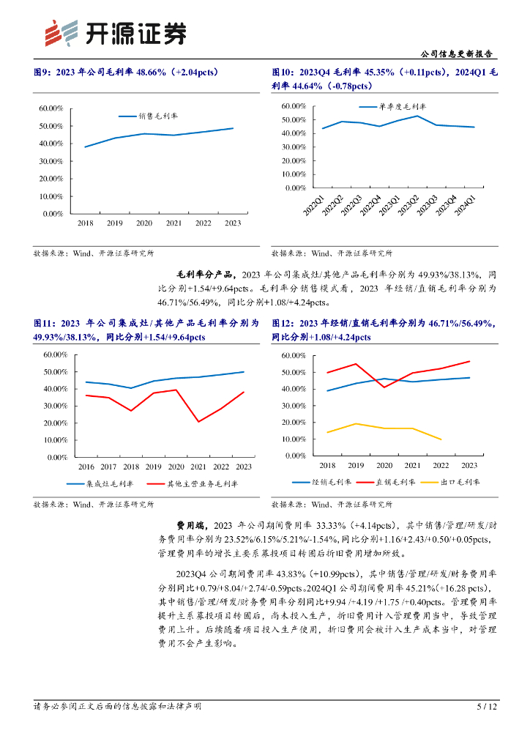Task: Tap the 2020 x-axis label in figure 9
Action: (x=144, y=223)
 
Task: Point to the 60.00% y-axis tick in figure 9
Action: (x=51, y=108)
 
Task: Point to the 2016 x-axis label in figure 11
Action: (x=86, y=467)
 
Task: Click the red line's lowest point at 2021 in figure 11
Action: (x=198, y=422)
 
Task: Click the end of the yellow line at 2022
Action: (x=441, y=439)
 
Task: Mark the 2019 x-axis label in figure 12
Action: (x=357, y=466)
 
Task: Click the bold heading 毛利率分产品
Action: (x=207, y=275)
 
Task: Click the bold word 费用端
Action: (x=193, y=525)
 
